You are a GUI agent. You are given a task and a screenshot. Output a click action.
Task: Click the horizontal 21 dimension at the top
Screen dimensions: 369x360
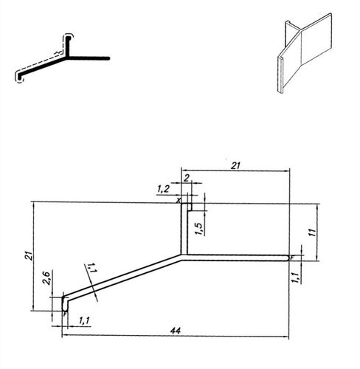[235, 167]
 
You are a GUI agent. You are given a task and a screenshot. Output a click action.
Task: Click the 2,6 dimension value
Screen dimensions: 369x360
[46, 280]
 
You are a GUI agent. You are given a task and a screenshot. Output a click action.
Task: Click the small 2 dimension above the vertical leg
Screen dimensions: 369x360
[187, 178]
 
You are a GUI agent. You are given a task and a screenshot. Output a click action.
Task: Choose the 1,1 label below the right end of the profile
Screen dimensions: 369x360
[295, 277]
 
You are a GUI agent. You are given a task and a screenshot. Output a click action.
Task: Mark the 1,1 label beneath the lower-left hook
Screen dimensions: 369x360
[83, 320]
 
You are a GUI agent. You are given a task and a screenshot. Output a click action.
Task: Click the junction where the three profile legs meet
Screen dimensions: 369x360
[184, 256]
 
